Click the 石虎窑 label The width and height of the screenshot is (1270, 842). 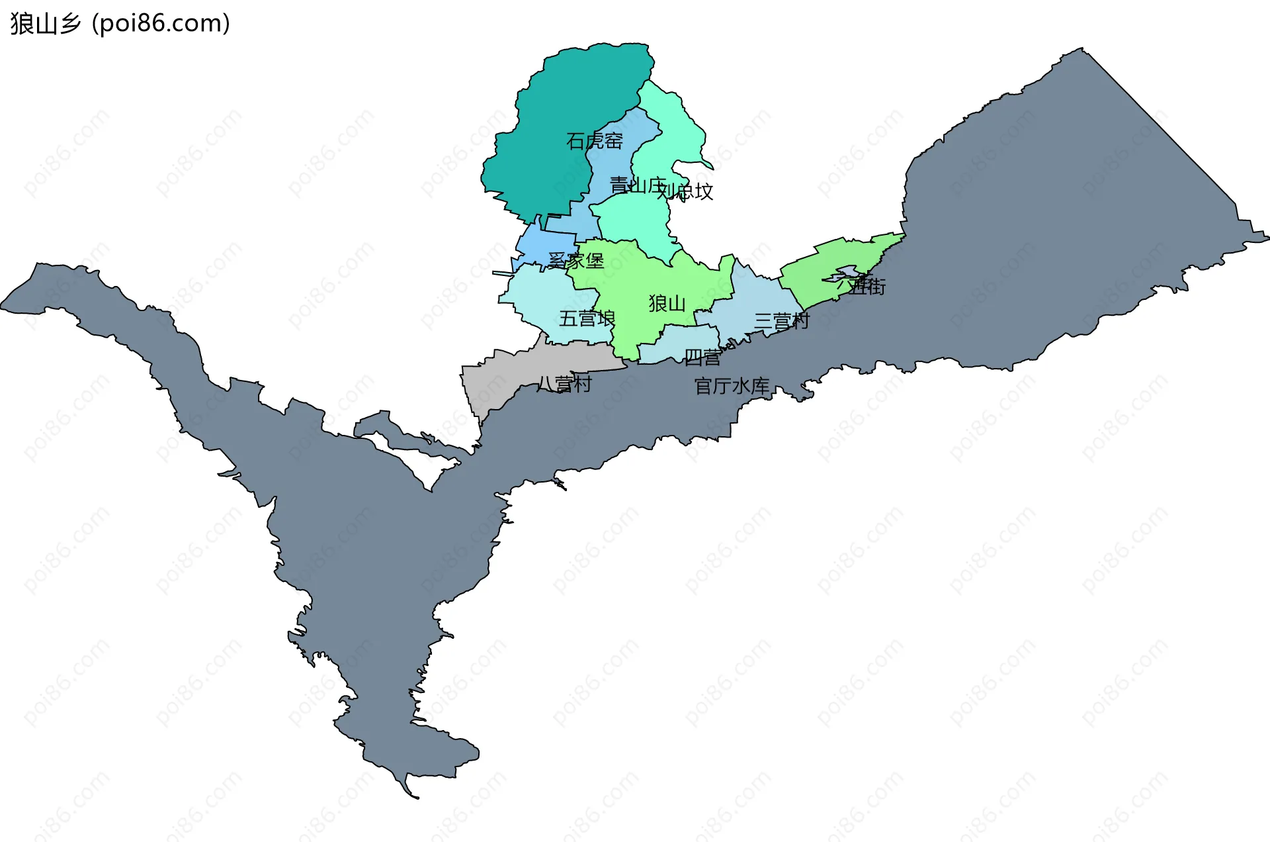pyautogui.click(x=594, y=141)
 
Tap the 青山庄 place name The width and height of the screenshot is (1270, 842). pyautogui.click(x=637, y=185)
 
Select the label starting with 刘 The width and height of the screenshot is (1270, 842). pyautogui.click(x=685, y=192)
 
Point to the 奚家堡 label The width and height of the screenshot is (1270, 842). pyautogui.click(x=576, y=261)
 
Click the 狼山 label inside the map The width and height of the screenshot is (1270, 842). pyautogui.click(x=667, y=303)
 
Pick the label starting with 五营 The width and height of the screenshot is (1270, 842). pyautogui.click(x=587, y=318)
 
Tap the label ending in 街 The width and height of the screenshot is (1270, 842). pyautogui.click(x=861, y=286)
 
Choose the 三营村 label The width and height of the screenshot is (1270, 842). pyautogui.click(x=782, y=322)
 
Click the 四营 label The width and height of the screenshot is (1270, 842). pyautogui.click(x=702, y=357)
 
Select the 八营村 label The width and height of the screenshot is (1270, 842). pyautogui.click(x=564, y=384)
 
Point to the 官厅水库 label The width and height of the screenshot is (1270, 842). pyautogui.click(x=732, y=386)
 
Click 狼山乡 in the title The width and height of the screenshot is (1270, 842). pyautogui.click(x=46, y=24)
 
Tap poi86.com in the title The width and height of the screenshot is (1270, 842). pyautogui.click(x=161, y=24)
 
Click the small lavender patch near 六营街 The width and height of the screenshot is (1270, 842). pyautogui.click(x=847, y=272)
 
